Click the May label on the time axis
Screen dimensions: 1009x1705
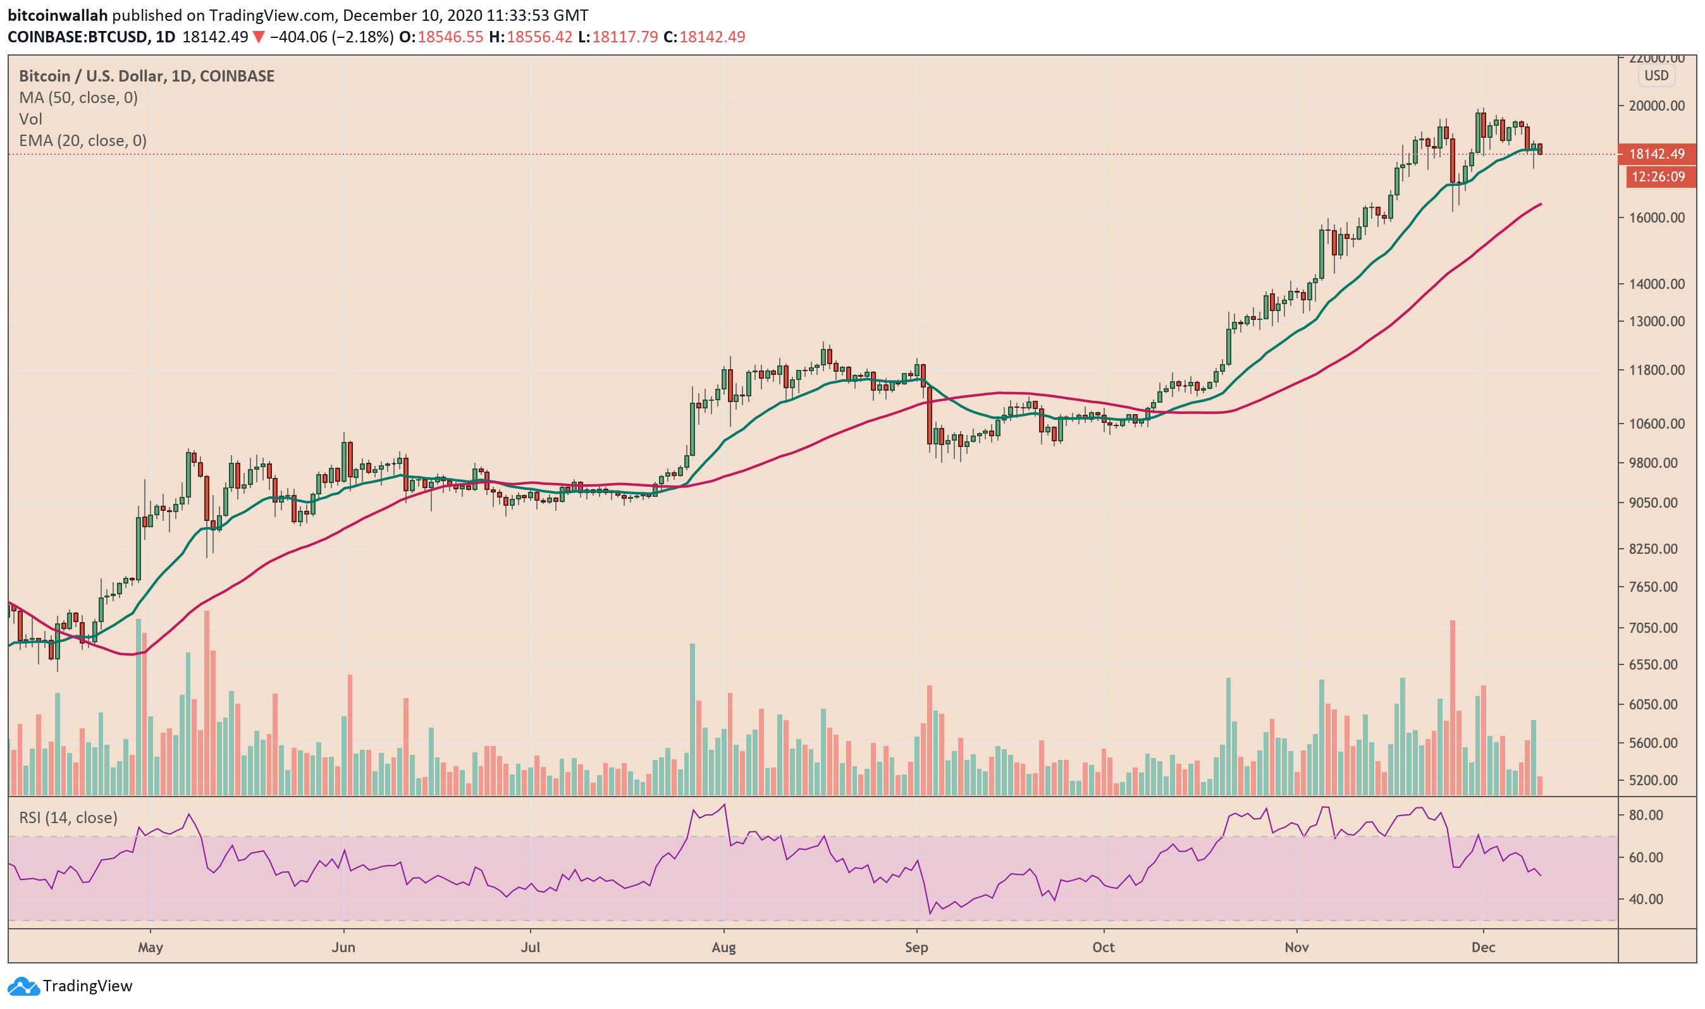tap(151, 948)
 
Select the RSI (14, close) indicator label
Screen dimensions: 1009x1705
tap(68, 818)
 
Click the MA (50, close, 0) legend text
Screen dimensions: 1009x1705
tap(78, 98)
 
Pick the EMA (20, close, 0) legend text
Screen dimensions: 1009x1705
tap(82, 141)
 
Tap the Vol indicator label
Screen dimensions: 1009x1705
tap(30, 119)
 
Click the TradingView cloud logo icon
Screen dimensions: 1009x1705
tap(24, 987)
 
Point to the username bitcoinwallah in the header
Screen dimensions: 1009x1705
tap(58, 15)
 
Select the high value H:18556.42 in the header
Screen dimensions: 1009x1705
tap(531, 37)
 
